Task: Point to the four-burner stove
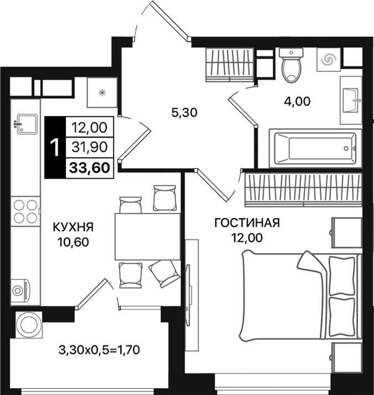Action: [25, 211]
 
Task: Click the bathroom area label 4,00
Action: [297, 101]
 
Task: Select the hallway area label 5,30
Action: [184, 113]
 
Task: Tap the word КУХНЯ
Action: [73, 227]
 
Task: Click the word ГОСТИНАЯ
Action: [247, 223]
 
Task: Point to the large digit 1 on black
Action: [55, 148]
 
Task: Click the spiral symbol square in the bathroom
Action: [329, 60]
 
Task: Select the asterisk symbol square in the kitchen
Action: [101, 92]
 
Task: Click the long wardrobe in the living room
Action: [302, 188]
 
